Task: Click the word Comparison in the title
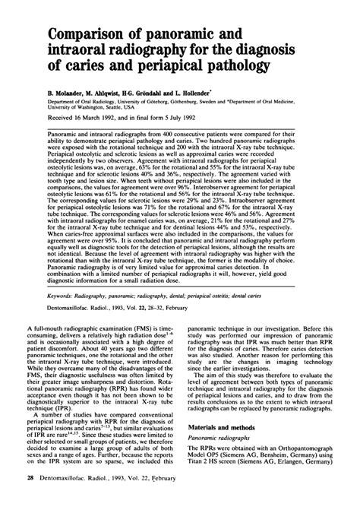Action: click(86, 35)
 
